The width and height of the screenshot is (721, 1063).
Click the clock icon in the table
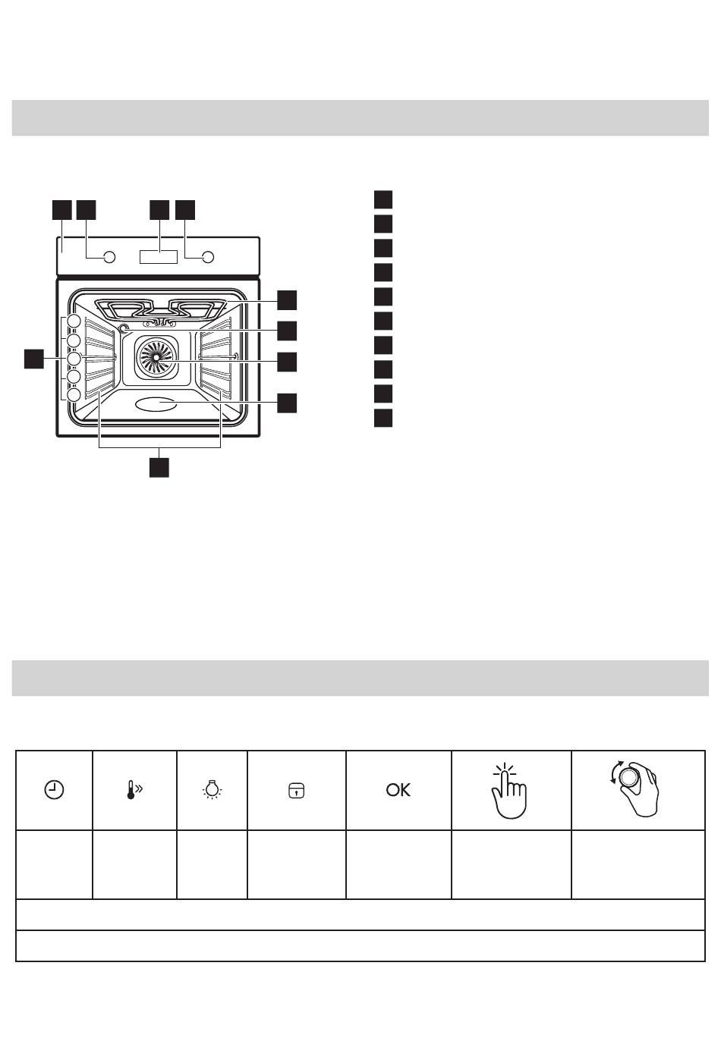(54, 790)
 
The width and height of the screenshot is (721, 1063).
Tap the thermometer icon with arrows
(134, 790)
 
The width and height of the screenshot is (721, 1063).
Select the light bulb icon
(211, 790)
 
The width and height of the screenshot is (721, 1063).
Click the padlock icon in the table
(297, 791)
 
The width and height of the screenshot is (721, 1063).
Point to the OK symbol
(398, 790)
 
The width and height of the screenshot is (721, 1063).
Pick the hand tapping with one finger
(508, 791)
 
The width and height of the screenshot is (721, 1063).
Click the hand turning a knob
(634, 789)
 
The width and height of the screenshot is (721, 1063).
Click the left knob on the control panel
(109, 257)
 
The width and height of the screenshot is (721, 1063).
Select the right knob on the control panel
(207, 257)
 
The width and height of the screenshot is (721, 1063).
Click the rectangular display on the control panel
(158, 257)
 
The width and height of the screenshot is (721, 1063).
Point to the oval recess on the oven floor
(156, 404)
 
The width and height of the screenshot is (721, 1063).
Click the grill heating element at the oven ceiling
(159, 310)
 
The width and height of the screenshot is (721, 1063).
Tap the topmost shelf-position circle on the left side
(74, 321)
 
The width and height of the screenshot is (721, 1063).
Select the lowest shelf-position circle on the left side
(74, 395)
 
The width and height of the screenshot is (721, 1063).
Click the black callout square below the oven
(159, 467)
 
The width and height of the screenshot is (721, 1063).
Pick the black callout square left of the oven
(33, 359)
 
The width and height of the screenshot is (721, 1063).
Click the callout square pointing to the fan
(287, 362)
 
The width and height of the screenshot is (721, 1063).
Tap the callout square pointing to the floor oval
(287, 403)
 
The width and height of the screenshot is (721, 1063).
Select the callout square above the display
(159, 210)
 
